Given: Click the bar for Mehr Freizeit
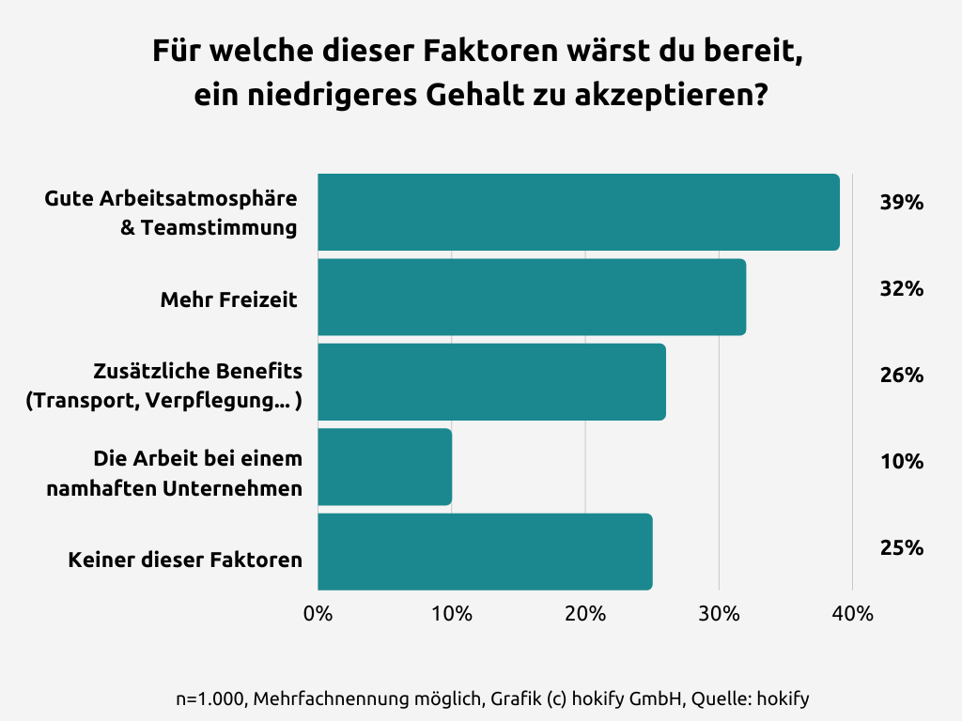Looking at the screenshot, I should pos(532,297).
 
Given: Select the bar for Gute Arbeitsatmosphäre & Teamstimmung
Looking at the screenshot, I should pos(578,212).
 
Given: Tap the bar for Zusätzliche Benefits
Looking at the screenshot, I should pos(491,382).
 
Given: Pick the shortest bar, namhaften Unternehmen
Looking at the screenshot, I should pos(384,467).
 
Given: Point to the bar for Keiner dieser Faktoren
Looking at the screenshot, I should pos(485,552).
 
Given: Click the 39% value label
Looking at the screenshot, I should pos(902,203).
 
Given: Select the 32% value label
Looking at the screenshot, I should pos(902,289).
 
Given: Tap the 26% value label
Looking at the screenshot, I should pos(902,376).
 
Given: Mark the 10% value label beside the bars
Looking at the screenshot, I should pos(902,462).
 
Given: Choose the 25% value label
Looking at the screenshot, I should pos(902,547).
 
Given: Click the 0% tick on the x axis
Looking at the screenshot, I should pos(318,615).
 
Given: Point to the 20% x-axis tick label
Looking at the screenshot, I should pos(584,615).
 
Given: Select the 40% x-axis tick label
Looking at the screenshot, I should pos(852,615).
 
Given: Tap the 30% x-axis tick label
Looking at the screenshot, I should pos(719,615).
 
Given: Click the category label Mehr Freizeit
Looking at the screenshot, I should pos(228,300).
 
